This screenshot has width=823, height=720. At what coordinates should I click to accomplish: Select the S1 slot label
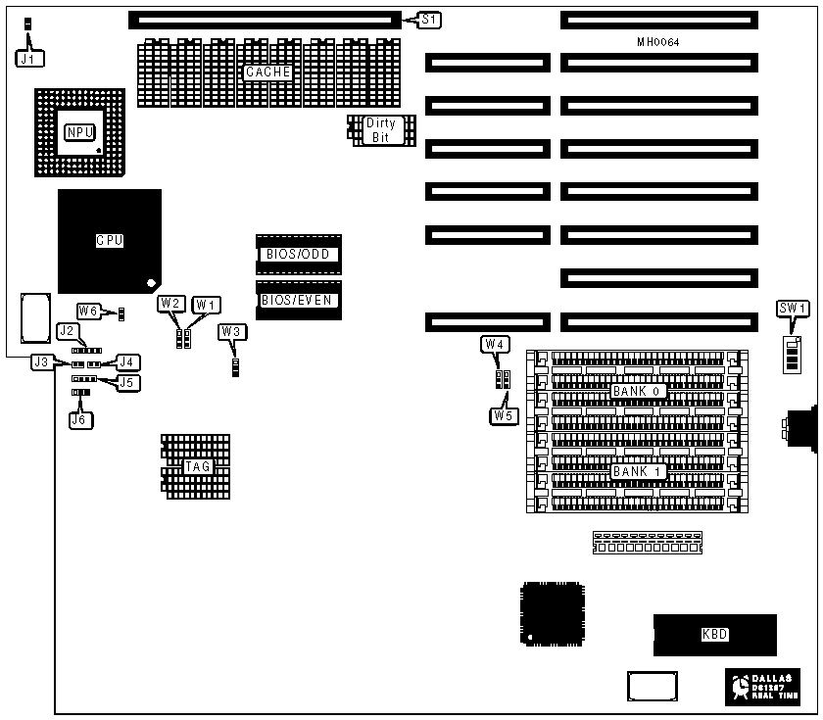430,19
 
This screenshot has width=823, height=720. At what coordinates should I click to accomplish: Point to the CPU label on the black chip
109,240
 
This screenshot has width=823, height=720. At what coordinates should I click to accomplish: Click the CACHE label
267,72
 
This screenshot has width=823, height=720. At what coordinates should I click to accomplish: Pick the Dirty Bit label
380,130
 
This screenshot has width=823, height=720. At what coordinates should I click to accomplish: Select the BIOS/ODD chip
299,255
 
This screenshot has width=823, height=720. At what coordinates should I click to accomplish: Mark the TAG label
196,466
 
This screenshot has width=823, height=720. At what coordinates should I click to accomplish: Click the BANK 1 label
639,472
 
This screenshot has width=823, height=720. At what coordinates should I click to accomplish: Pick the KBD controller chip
715,634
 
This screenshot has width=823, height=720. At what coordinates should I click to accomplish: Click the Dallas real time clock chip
763,687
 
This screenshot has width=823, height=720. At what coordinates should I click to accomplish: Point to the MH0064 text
657,42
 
